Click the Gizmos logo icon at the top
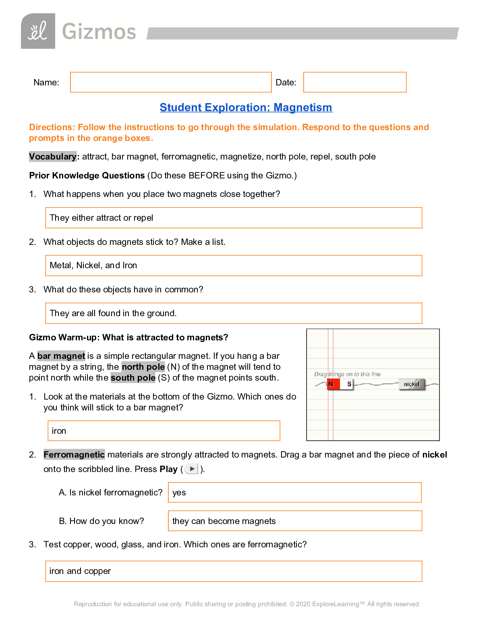(x=38, y=31)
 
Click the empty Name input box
(x=171, y=82)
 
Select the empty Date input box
(x=354, y=82)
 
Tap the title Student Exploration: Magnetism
(x=246, y=108)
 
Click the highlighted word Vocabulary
(x=52, y=157)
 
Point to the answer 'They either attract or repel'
(x=101, y=218)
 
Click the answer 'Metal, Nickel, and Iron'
(x=93, y=265)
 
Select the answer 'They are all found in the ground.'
(x=113, y=313)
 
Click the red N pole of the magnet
(x=332, y=384)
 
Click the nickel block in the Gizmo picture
(x=412, y=384)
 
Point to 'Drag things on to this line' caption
(x=347, y=374)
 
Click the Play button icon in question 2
(x=192, y=469)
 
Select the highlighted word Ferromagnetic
(x=74, y=455)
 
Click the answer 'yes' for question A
(x=179, y=493)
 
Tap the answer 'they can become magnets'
(x=224, y=521)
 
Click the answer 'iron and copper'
(x=80, y=571)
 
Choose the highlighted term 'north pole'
(x=143, y=367)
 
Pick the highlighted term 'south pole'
(x=133, y=378)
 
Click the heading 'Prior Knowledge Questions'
(x=87, y=176)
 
